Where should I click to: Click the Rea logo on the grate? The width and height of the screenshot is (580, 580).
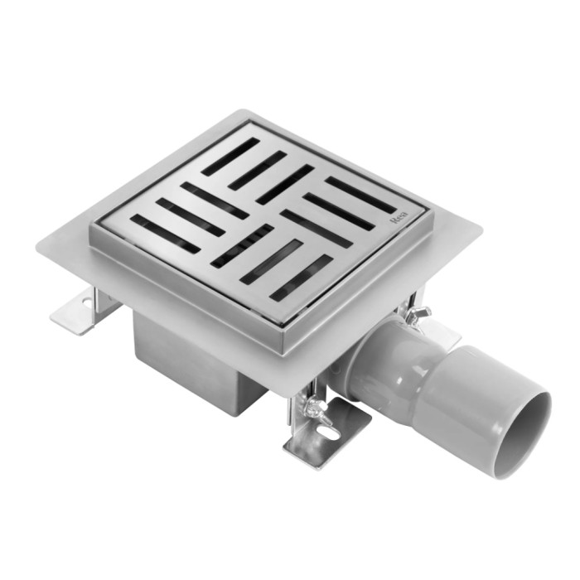coord(399,218)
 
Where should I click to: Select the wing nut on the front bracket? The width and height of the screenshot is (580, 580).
coord(314,408)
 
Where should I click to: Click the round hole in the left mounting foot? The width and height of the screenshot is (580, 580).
coord(88,302)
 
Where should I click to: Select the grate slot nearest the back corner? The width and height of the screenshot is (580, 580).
coord(230,157)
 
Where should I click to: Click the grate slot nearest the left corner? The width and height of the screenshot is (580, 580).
coord(166,234)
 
